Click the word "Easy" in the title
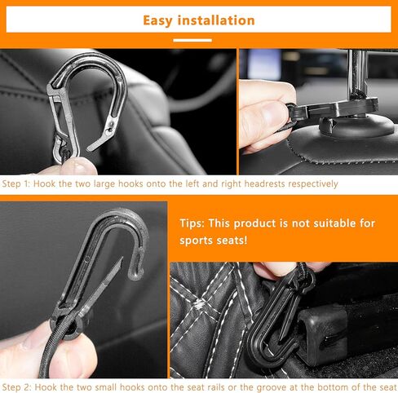pyautogui.click(x=157, y=20)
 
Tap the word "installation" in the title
pyautogui.click(x=216, y=20)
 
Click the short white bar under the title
pyautogui.click(x=192, y=41)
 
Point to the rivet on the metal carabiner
pyautogui.click(x=110, y=130)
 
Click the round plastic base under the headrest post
pyautogui.click(x=356, y=127)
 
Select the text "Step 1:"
pyautogui.click(x=15, y=183)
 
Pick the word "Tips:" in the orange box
pyautogui.click(x=192, y=223)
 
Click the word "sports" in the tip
pyautogui.click(x=197, y=241)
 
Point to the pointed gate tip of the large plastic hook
pyautogui.click(x=122, y=259)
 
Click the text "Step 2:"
pyautogui.click(x=16, y=387)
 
